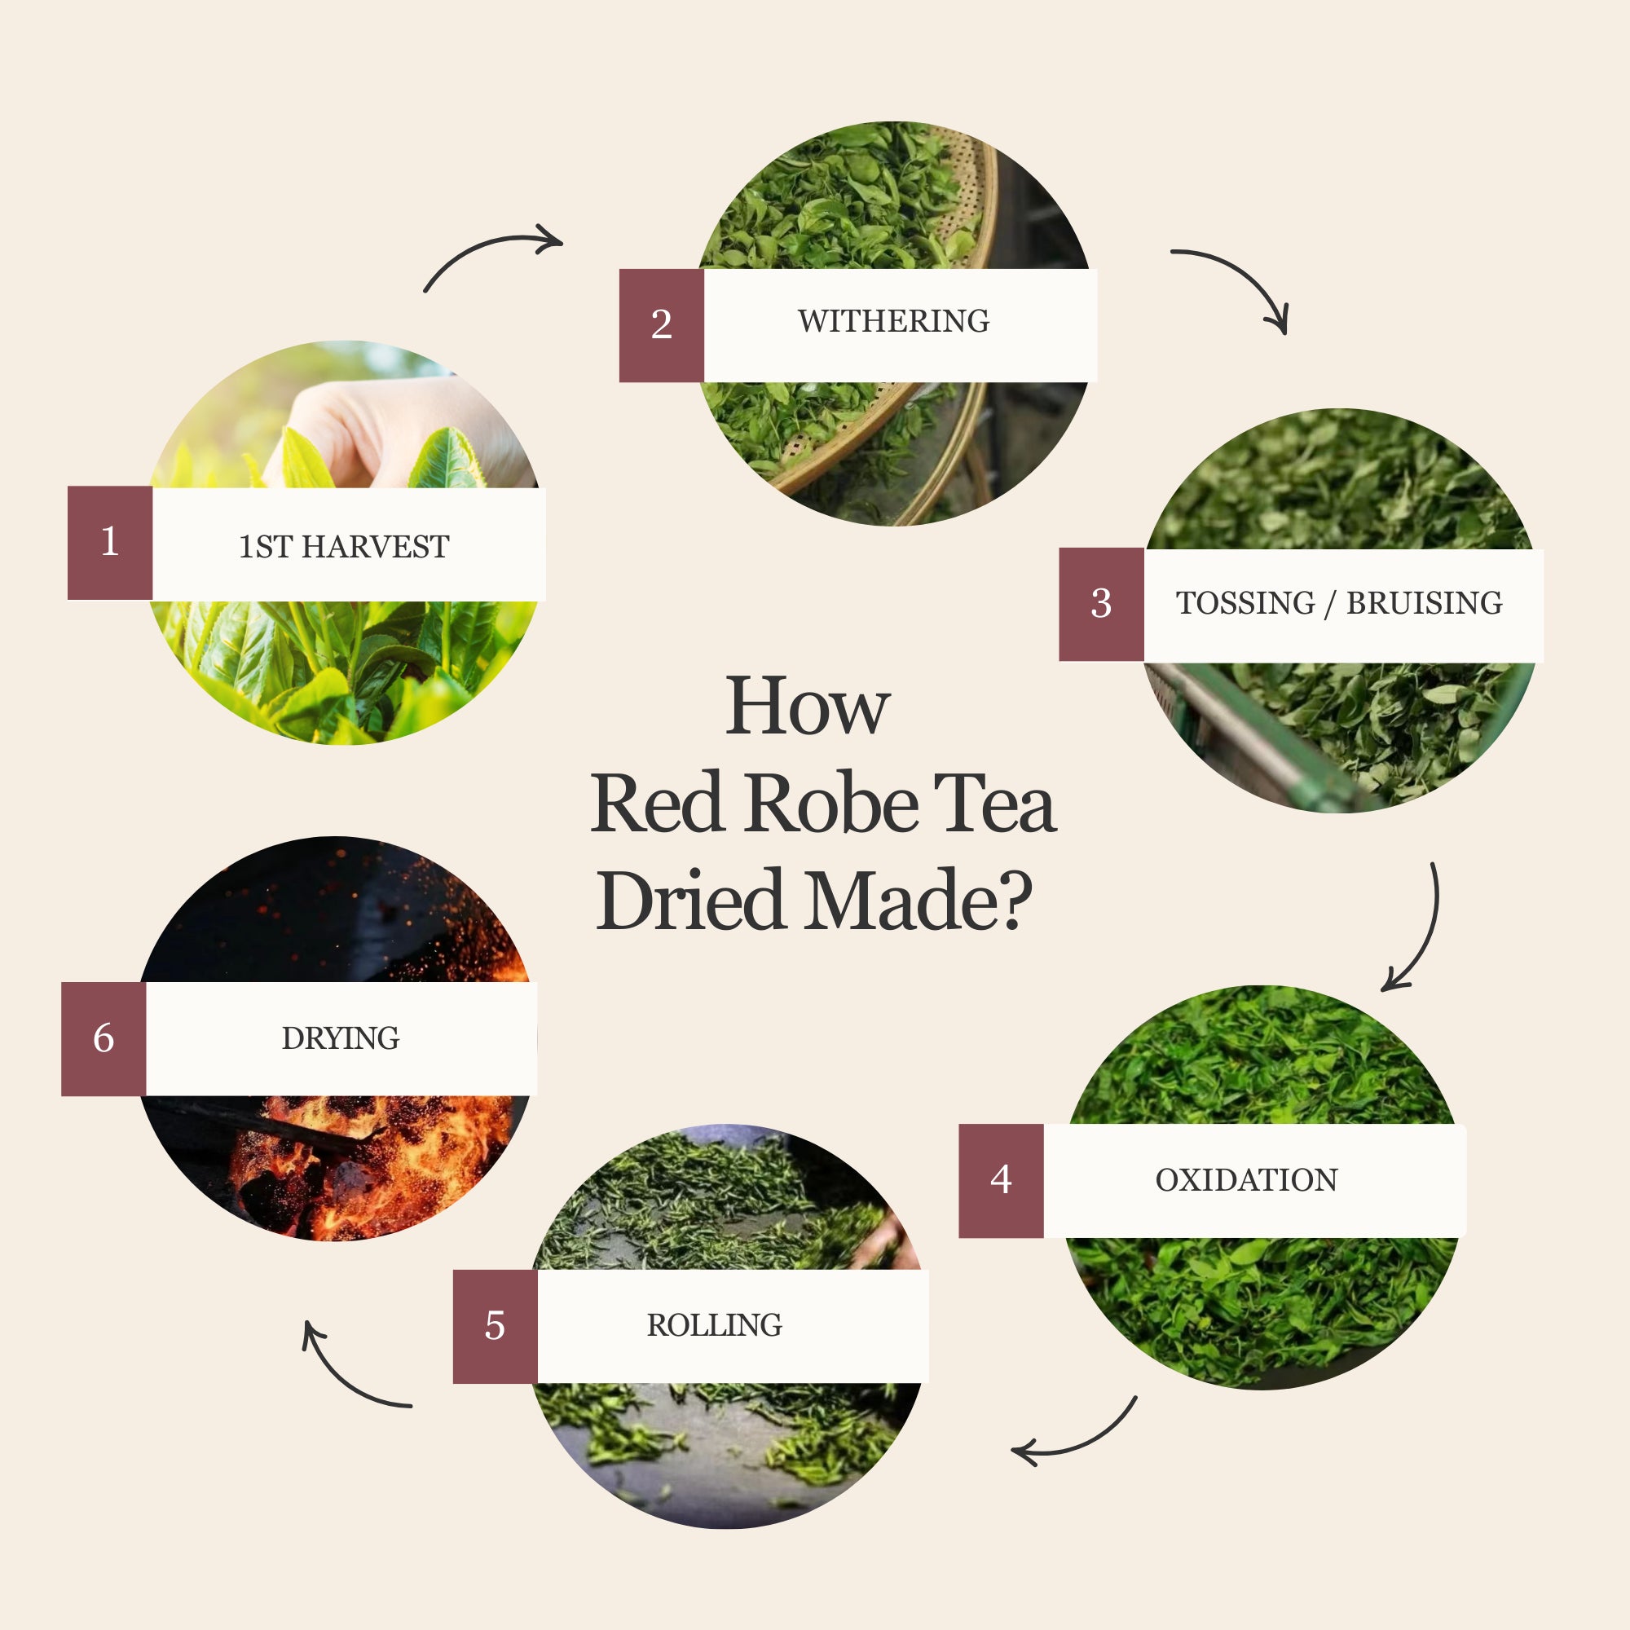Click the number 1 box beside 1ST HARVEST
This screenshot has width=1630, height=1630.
(x=110, y=543)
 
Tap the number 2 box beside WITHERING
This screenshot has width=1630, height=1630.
(x=662, y=326)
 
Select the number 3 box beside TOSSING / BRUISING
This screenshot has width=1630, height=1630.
(x=1101, y=604)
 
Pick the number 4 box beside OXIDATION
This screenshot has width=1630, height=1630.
(x=1001, y=1180)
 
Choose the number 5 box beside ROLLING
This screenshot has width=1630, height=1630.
(x=496, y=1326)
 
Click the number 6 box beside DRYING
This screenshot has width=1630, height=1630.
(x=104, y=1038)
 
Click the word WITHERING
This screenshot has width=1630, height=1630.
(x=893, y=321)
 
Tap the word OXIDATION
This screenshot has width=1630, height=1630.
(x=1246, y=1180)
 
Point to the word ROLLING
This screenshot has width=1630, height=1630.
(x=715, y=1325)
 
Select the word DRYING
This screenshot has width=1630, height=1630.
(x=341, y=1038)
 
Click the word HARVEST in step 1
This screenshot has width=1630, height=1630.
(x=376, y=547)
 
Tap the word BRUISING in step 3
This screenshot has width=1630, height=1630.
(x=1424, y=603)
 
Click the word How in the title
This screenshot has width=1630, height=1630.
(x=808, y=705)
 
